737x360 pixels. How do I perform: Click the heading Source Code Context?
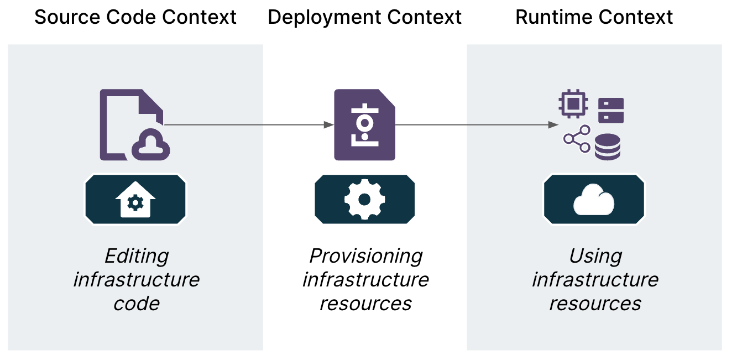pos(135,17)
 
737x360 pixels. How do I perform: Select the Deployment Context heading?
pos(365,17)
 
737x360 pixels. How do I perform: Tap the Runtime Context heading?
pos(594,17)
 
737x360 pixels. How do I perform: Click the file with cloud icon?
pos(133,125)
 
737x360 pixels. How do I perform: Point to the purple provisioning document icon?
pos(365,125)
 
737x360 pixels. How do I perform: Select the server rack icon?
pos(611,110)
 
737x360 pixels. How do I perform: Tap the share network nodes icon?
pos(577,139)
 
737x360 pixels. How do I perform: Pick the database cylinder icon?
pos(608,147)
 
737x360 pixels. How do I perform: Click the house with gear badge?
pos(135,200)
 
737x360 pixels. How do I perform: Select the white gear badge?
pos(365,200)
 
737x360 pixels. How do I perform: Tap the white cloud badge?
pos(594,200)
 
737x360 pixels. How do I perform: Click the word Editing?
pos(137,256)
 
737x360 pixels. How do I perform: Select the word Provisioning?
pos(365,256)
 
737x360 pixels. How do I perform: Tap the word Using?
pos(595,256)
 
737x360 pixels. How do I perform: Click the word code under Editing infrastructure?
pos(136,303)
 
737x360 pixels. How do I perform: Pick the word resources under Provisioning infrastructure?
pos(365,303)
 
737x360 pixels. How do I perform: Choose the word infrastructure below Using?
pos(595,279)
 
